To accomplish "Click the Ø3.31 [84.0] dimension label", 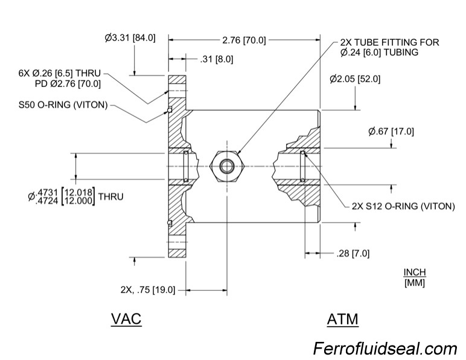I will [x=130, y=37].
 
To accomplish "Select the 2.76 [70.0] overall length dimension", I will [x=244, y=40].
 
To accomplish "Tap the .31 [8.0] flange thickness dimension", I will [x=216, y=59].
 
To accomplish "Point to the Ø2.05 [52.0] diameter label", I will [x=356, y=79].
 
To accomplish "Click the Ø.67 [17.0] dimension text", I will [x=391, y=131].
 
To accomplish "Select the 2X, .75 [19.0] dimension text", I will [x=147, y=290].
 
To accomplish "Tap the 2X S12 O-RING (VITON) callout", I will [x=403, y=206].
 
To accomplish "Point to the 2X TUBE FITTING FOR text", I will [x=389, y=43].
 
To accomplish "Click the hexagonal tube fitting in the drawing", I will [x=227, y=166].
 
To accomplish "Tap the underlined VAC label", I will [x=126, y=318].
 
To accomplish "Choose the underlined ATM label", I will [x=342, y=318].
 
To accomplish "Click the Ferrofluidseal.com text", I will [x=385, y=349].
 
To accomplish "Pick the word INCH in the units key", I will [x=414, y=272].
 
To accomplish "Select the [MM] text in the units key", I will [x=414, y=282].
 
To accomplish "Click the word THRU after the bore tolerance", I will [x=110, y=196].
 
